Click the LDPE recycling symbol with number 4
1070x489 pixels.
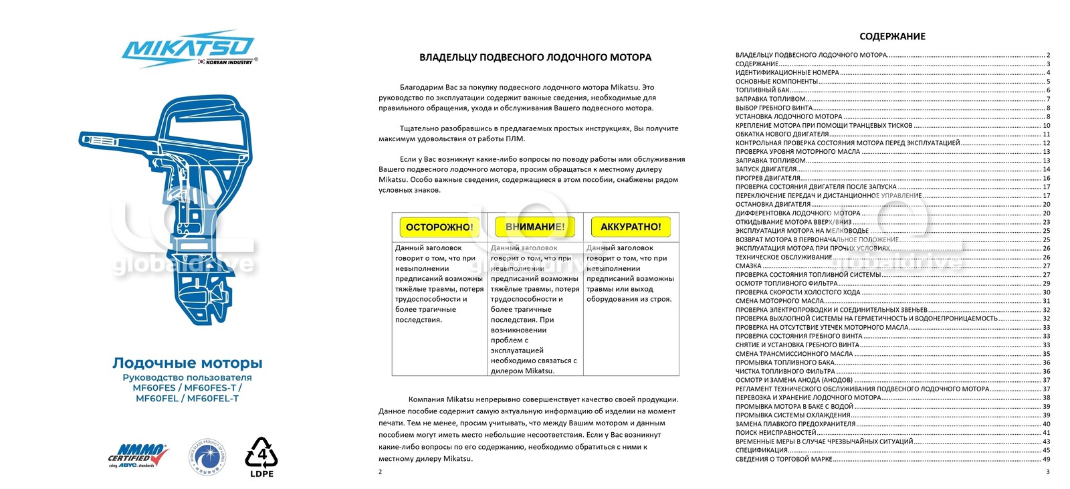tap(261, 458)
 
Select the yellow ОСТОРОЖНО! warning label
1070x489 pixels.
tap(439, 227)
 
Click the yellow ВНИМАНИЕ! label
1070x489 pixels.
tap(534, 227)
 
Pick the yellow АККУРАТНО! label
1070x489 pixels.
tap(630, 227)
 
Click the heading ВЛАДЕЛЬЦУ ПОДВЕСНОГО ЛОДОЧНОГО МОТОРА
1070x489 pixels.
tap(535, 58)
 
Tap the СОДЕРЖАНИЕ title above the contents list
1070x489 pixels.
tap(892, 37)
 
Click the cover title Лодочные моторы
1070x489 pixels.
tap(187, 363)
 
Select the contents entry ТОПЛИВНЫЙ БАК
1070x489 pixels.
tap(762, 90)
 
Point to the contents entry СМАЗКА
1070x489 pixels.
tap(748, 266)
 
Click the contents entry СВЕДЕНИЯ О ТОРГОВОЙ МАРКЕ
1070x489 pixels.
tap(784, 460)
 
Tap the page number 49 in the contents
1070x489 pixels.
tap(1046, 460)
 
